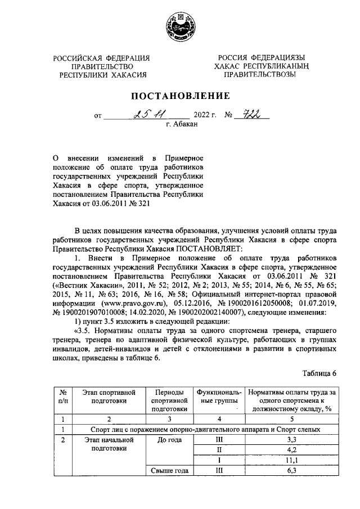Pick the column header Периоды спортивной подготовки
pyautogui.click(x=169, y=399)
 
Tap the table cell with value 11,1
pyautogui.click(x=291, y=460)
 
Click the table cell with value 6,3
pyautogui.click(x=291, y=471)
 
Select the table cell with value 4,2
pyautogui.click(x=291, y=449)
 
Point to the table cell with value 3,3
pyautogui.click(x=291, y=439)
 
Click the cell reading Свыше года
pyautogui.click(x=169, y=471)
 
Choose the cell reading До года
pyautogui.click(x=169, y=439)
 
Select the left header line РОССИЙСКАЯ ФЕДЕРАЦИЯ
pyautogui.click(x=102, y=58)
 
